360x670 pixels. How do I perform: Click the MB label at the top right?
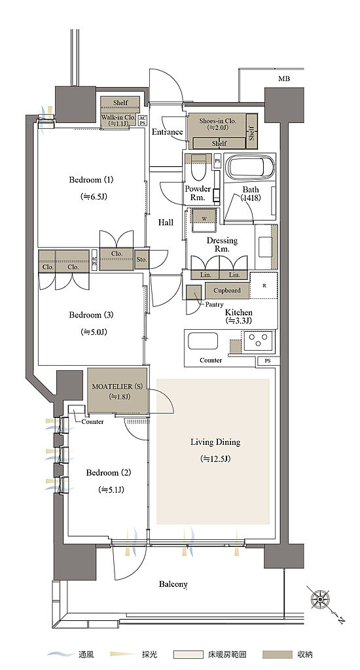pos(284,79)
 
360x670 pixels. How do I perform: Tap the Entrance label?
pos(168,132)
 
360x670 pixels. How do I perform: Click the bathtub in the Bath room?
pos(250,167)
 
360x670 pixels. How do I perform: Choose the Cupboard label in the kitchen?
pos(227,291)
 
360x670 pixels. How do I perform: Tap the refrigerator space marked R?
pos(264,285)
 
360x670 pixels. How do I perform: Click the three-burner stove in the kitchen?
pos(258,340)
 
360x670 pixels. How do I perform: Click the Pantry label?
pos(214,305)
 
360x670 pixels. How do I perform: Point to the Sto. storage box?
pos(142,259)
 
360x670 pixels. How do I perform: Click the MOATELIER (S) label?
pos(117,387)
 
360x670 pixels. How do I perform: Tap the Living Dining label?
pos(215,442)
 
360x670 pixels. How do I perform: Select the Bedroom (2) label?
pos(109,473)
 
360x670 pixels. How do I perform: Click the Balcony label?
pos(173,584)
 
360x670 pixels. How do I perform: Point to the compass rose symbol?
pos(319,598)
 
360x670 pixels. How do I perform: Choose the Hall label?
pos(166,222)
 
